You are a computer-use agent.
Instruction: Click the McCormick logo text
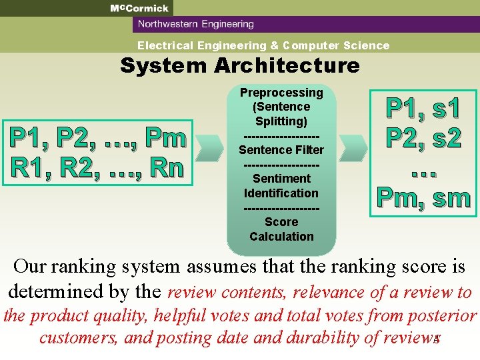[x=139, y=8]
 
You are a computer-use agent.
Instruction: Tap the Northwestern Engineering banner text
[x=195, y=25]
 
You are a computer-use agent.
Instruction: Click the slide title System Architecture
[x=239, y=65]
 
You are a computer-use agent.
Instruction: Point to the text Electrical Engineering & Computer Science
[x=263, y=45]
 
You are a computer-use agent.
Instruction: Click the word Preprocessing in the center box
[x=281, y=93]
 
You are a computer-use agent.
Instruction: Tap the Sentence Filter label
[x=281, y=150]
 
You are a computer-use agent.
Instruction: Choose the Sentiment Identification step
[x=281, y=186]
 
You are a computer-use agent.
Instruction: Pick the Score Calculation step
[x=281, y=229]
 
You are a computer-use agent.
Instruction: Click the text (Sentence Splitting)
[x=281, y=114]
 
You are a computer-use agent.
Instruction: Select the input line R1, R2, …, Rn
[x=95, y=167]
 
